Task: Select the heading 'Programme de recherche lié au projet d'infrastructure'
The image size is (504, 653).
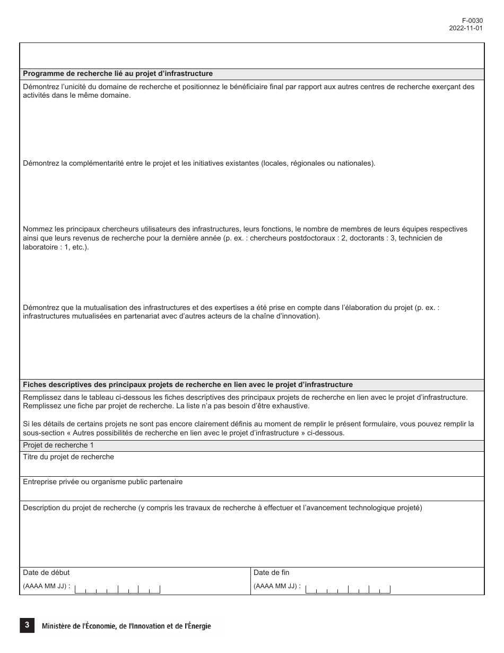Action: (118, 74)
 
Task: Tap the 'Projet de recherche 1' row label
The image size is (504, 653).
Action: (58, 445)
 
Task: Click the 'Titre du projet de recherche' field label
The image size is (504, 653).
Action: (68, 457)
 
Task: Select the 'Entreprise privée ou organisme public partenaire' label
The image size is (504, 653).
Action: (103, 482)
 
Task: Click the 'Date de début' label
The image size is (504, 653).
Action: (46, 573)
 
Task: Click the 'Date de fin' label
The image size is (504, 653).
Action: (272, 573)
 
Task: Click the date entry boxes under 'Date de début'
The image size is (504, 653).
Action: (117, 589)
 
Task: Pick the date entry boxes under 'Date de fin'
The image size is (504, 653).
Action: (348, 589)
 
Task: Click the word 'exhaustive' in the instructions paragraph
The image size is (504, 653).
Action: (291, 406)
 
